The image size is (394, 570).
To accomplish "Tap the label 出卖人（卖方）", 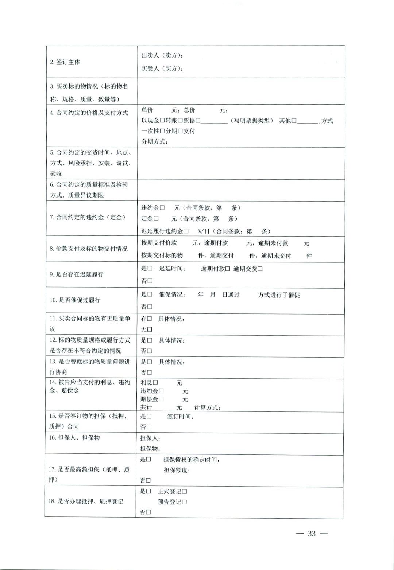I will [162, 55].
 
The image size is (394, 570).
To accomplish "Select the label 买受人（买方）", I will [162, 68].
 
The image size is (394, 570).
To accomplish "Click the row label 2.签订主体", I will [65, 62].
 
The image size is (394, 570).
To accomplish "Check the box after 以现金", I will [163, 121].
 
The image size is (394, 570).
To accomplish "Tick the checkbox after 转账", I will [180, 121].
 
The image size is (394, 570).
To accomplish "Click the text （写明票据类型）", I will [252, 121].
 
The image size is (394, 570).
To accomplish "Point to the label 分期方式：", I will [154, 141].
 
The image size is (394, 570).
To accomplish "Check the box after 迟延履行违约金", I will [186, 231].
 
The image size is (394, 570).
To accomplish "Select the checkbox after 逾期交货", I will [260, 269].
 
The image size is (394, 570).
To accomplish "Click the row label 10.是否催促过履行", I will [75, 300].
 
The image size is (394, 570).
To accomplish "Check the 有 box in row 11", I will [149, 319].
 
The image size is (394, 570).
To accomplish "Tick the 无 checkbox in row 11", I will [149, 329].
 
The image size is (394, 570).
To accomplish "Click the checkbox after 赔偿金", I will [161, 399].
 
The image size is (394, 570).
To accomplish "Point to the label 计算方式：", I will [207, 407].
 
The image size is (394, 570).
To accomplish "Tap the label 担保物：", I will [150, 449].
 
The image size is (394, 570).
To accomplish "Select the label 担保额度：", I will [177, 470].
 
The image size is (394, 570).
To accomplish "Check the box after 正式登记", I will [185, 492].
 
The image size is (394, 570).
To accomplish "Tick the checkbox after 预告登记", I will [185, 502].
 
